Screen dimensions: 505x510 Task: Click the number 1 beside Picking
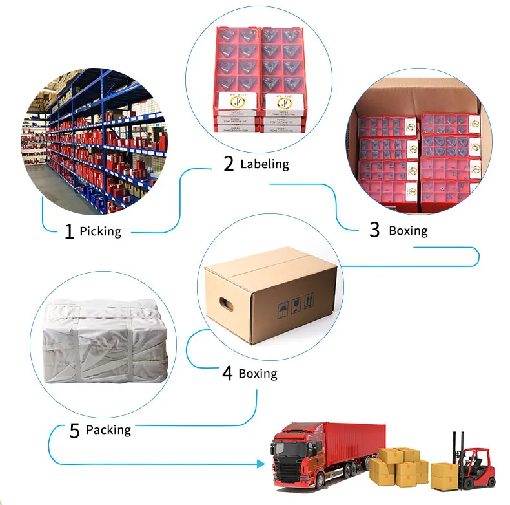(70, 231)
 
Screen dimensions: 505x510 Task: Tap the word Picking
(100, 231)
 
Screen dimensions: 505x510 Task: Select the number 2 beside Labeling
(229, 164)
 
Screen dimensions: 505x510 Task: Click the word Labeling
(265, 164)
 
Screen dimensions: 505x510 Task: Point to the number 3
(374, 230)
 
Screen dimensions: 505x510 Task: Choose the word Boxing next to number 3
(407, 230)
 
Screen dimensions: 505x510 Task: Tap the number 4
(227, 374)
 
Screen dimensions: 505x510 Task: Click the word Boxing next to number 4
(258, 374)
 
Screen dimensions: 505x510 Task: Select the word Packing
(108, 430)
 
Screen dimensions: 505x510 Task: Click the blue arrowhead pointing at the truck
(261, 464)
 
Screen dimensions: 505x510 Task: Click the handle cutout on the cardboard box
(225, 302)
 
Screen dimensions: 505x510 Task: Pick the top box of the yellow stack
(391, 455)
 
